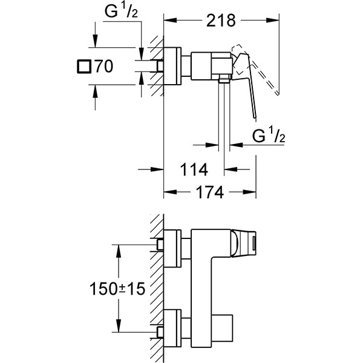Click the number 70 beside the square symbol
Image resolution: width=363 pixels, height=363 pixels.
pyautogui.click(x=103, y=66)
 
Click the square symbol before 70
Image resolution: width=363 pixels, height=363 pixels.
pyautogui.click(x=85, y=66)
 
